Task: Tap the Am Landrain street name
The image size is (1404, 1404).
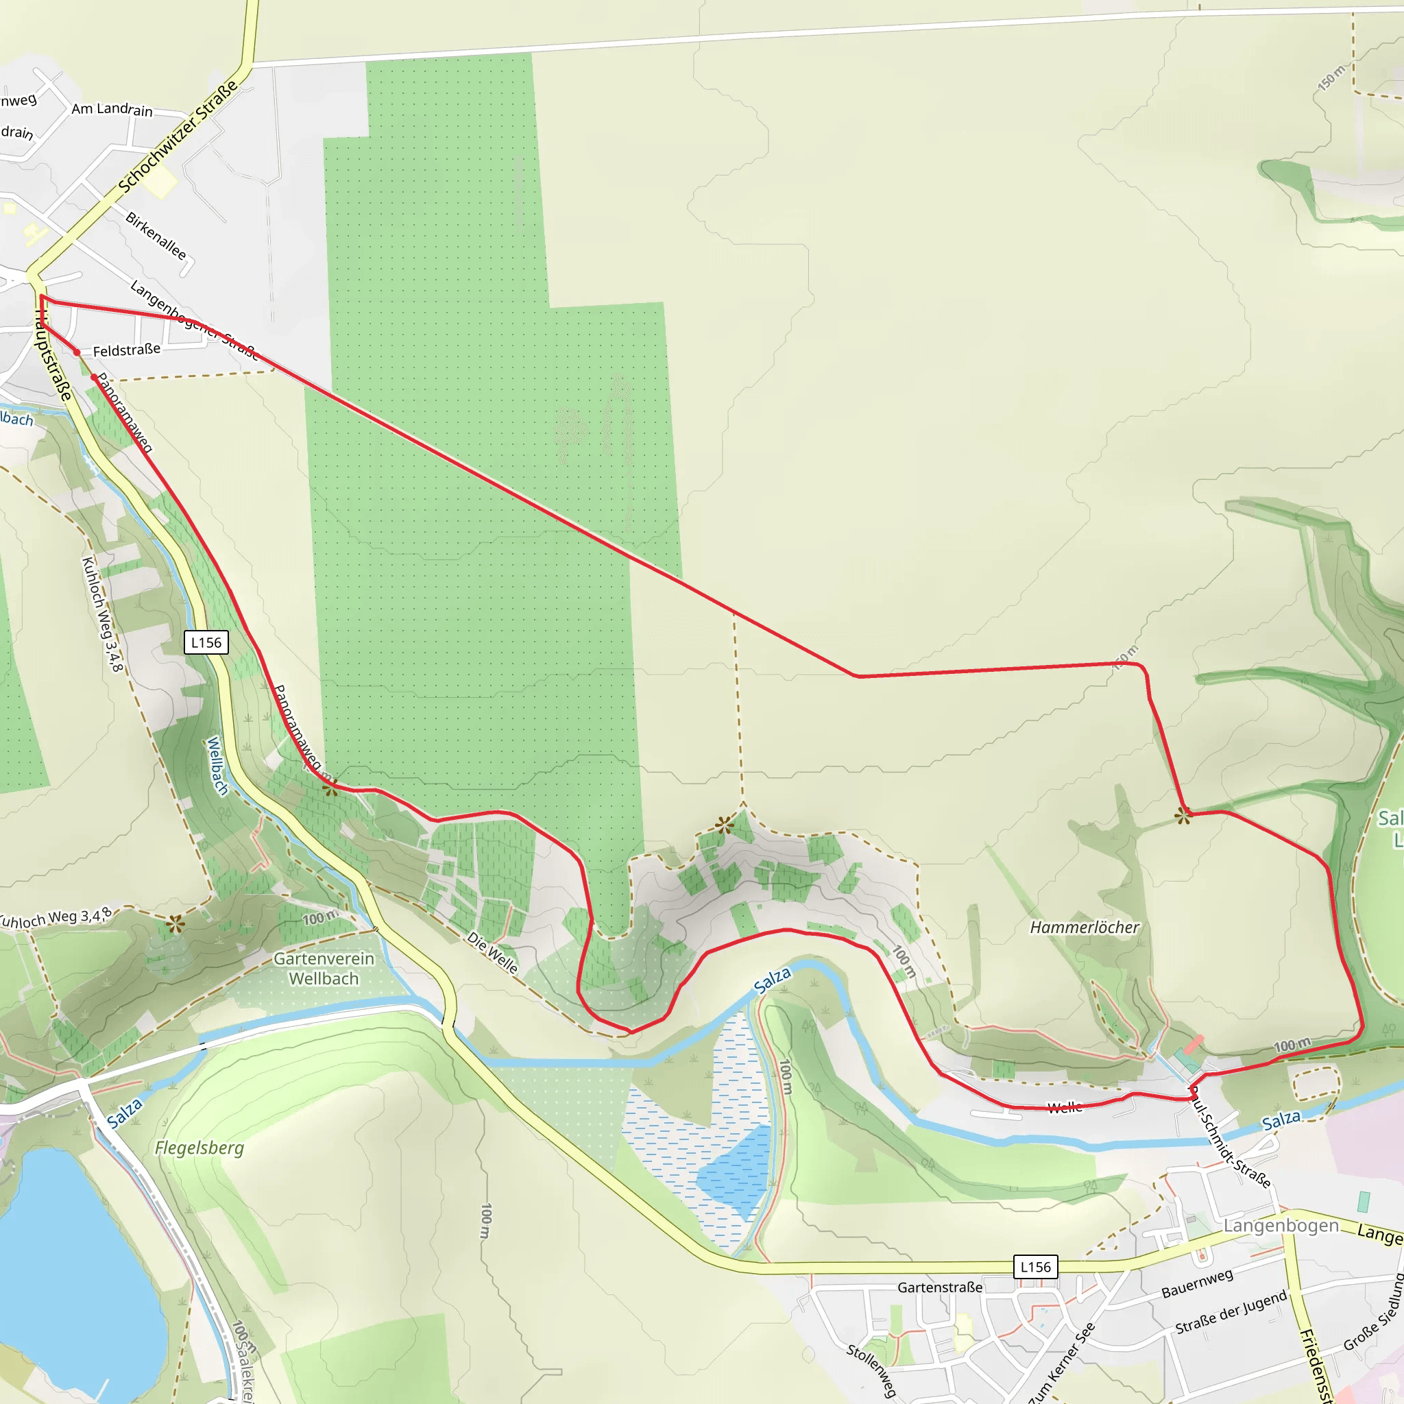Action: [112, 110]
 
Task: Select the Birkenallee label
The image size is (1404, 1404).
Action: [156, 235]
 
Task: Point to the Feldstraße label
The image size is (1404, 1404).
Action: [126, 350]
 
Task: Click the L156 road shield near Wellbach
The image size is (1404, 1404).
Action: [206, 642]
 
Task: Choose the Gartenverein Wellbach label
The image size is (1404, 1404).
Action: [324, 969]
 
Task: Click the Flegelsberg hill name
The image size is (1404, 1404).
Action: [199, 1148]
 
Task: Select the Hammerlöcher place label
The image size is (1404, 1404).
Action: [1085, 928]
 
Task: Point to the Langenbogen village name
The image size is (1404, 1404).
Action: [1281, 1226]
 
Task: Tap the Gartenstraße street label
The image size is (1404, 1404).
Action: [940, 1287]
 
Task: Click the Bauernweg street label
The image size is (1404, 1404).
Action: [1197, 1284]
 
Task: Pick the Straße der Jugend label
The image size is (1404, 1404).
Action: [1231, 1312]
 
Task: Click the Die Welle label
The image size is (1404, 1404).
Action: [493, 953]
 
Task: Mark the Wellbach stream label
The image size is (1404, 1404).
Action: [217, 766]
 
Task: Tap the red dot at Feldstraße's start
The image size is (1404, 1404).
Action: [77, 352]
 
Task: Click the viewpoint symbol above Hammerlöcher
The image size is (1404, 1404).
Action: [1183, 816]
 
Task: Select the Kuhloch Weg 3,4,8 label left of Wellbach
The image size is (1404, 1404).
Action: [102, 614]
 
